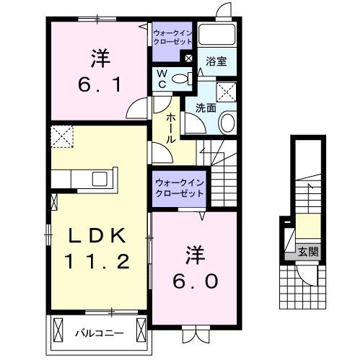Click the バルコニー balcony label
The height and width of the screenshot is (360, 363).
[99, 333]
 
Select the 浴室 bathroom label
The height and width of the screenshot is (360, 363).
[216, 62]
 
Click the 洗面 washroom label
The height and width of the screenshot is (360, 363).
[205, 108]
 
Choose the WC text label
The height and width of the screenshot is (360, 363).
[162, 77]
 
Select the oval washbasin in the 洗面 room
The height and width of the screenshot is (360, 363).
[227, 123]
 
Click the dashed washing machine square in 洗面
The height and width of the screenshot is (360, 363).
[227, 91]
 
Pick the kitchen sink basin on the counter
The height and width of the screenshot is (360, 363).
[100, 177]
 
